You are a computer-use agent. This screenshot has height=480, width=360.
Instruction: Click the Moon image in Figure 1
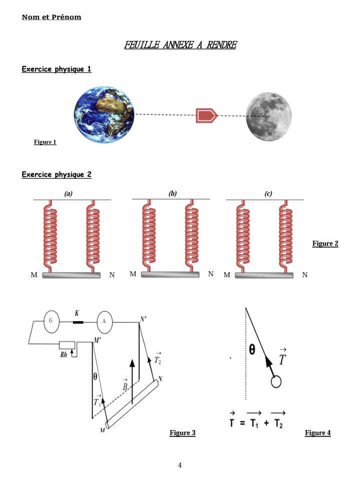268,116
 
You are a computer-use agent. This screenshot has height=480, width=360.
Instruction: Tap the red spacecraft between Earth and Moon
206,115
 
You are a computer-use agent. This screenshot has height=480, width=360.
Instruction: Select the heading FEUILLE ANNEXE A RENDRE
180,45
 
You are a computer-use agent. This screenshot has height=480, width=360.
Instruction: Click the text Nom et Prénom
51,17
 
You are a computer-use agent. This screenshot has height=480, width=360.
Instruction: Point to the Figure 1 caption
45,142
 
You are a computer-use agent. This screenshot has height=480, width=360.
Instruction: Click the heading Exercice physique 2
56,174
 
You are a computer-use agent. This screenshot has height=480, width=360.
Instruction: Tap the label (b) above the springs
172,193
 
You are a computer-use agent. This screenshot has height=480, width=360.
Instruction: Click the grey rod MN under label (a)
71,275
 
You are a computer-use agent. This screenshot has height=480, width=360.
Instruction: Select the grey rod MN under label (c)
264,275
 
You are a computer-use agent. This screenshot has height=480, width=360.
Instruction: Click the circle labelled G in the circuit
51,321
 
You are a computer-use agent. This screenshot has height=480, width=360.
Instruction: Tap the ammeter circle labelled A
104,321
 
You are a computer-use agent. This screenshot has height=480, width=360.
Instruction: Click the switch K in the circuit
77,322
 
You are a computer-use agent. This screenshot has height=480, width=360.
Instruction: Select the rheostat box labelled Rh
67,345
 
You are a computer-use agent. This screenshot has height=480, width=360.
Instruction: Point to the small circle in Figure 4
276,382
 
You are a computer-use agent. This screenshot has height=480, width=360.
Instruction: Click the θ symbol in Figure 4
252,350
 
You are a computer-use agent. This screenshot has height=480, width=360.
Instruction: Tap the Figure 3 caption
182,433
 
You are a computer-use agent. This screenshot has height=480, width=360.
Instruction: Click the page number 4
180,466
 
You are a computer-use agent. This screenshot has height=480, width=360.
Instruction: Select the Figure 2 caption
325,244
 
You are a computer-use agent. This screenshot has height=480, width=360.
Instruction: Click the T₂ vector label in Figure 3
157,359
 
